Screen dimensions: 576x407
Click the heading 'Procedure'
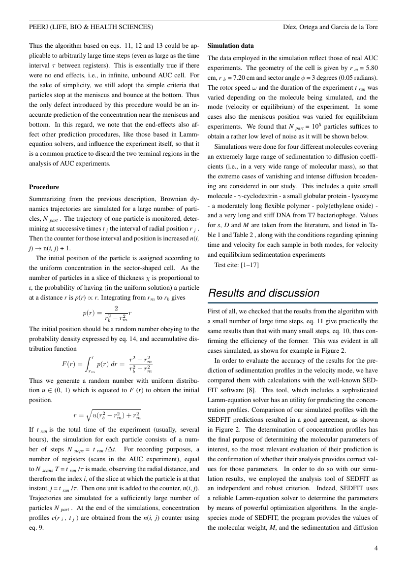44,187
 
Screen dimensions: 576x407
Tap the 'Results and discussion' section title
264,293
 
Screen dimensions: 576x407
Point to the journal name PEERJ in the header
40,27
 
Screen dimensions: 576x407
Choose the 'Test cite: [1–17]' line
237,265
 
